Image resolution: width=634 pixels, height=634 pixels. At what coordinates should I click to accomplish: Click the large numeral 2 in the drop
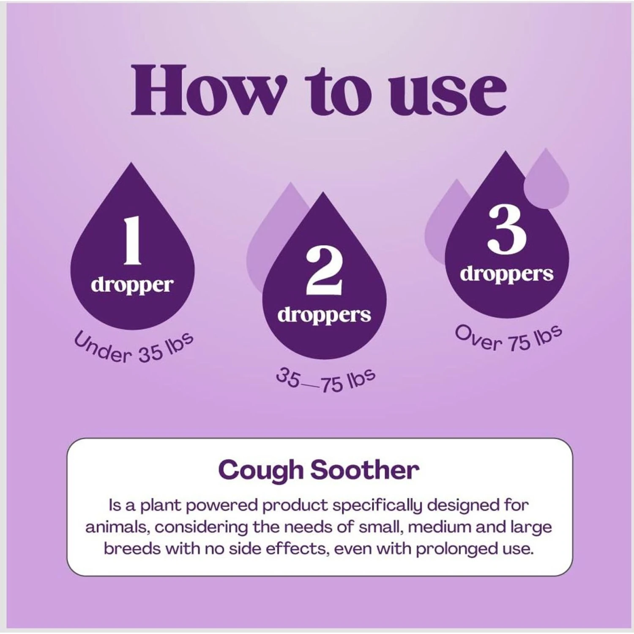(324, 271)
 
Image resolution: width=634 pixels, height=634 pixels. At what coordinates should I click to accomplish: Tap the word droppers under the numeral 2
(324, 316)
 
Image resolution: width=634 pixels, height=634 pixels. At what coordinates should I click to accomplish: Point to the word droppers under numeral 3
(507, 275)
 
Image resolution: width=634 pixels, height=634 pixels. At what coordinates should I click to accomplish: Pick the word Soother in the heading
(365, 470)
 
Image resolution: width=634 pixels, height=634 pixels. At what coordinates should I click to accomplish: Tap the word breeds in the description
(132, 549)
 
